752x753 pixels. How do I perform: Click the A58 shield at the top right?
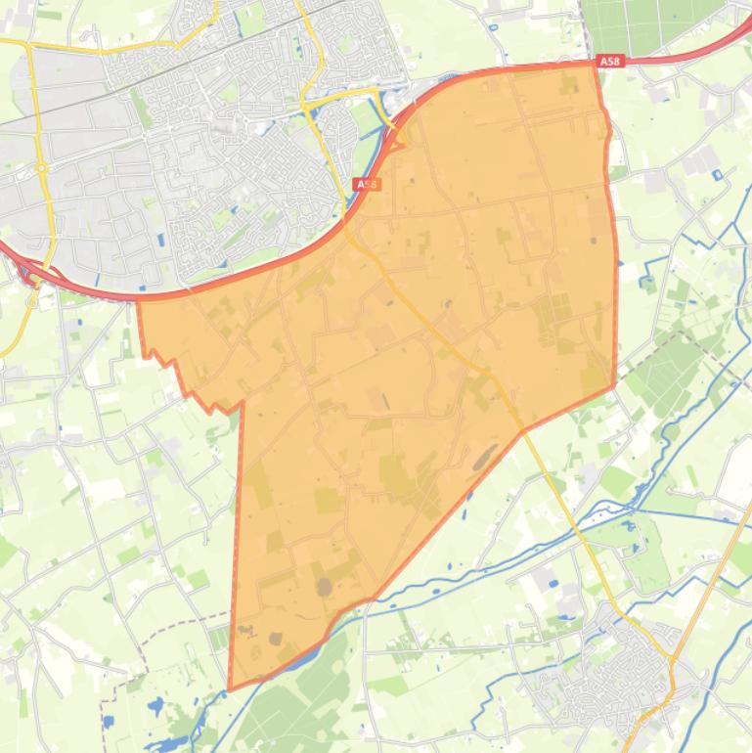click(610, 62)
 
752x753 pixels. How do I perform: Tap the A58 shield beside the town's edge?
click(366, 184)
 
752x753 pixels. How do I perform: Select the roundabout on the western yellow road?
click(41, 168)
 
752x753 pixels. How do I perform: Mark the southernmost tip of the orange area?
click(230, 688)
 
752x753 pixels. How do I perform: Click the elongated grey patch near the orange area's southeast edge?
click(484, 456)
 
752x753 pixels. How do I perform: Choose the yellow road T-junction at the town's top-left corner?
click(29, 45)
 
